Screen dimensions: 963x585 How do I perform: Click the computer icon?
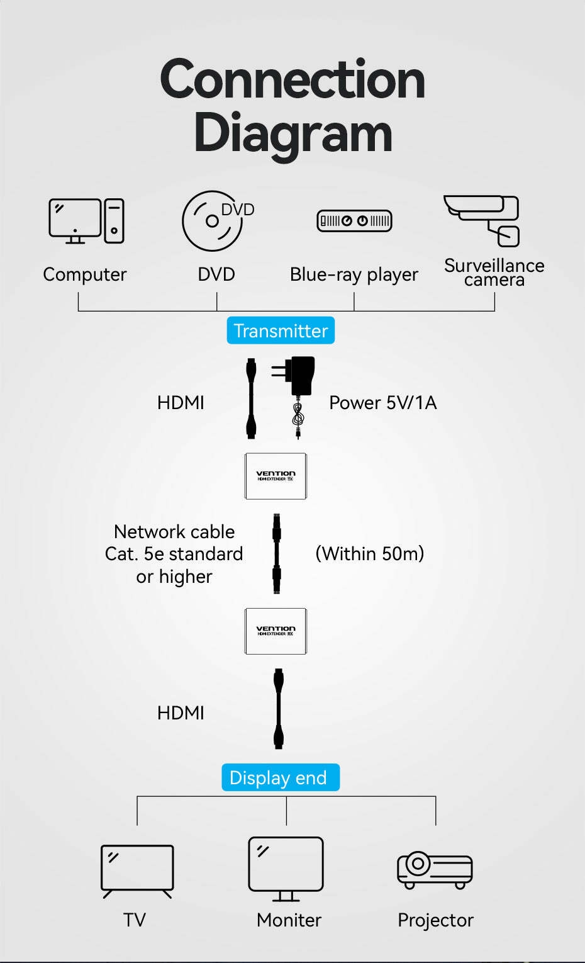click(x=86, y=221)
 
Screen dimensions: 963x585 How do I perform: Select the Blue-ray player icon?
click(x=354, y=221)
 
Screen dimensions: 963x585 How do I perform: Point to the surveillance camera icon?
click(x=483, y=220)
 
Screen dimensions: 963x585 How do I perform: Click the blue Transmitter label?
click(x=281, y=330)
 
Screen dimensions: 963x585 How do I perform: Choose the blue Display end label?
click(x=280, y=777)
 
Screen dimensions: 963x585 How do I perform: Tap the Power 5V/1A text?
click(x=382, y=403)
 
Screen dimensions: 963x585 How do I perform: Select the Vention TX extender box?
click(x=276, y=476)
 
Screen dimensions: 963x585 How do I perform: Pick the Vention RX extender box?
click(x=276, y=631)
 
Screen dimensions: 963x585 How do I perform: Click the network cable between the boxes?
click(x=276, y=553)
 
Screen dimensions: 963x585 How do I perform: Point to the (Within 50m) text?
click(x=369, y=554)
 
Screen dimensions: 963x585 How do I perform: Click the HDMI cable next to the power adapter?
click(x=252, y=398)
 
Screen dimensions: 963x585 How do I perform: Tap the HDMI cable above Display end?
click(x=279, y=709)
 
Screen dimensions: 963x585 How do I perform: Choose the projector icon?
click(x=435, y=870)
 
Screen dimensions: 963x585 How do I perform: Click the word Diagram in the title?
click(x=292, y=133)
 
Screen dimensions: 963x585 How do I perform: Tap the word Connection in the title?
click(x=292, y=79)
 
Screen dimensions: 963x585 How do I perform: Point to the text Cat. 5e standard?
click(x=174, y=554)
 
